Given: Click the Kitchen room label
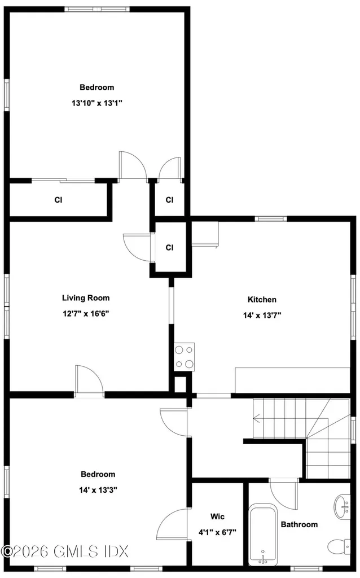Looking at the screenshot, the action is click(262, 299).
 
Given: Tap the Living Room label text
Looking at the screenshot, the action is click(86, 298).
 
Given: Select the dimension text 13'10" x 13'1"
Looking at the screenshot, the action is click(96, 103).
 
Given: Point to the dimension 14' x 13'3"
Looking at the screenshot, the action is click(98, 490).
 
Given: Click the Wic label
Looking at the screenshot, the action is click(217, 516).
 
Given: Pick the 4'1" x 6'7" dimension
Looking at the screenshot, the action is click(217, 532).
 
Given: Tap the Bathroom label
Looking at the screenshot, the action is click(299, 524).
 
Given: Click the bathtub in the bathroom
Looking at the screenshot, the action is click(263, 535).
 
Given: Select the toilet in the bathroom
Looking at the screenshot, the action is click(339, 546).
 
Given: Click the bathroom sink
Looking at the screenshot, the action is click(343, 507).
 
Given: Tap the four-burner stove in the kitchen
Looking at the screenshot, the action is click(185, 357).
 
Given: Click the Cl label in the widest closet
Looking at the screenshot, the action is click(58, 200).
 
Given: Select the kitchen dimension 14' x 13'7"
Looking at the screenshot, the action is click(262, 315).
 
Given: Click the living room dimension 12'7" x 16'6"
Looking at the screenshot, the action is click(86, 314).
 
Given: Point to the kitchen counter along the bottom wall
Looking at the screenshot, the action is click(292, 380).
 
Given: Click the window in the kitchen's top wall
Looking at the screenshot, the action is click(271, 218).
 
